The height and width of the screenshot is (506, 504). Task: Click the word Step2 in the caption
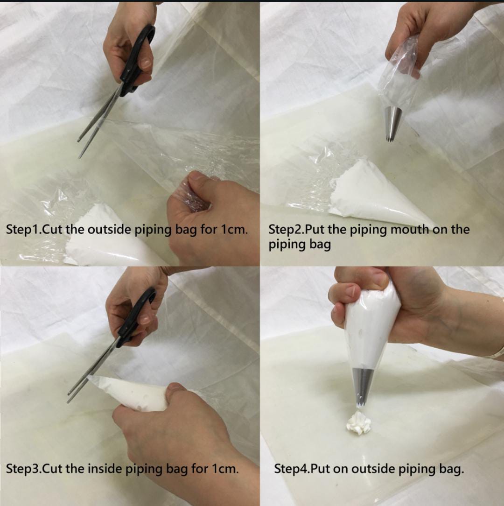pos(286,230)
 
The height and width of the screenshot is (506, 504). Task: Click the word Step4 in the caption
pos(291,469)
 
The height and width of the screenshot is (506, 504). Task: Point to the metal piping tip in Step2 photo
pos(392,124)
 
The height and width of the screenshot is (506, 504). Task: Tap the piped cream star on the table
pos(358,423)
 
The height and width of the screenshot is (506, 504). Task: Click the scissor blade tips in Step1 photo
pos(79,149)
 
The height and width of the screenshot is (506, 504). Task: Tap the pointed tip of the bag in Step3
pos(90,377)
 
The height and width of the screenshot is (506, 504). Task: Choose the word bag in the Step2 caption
pos(320,245)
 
